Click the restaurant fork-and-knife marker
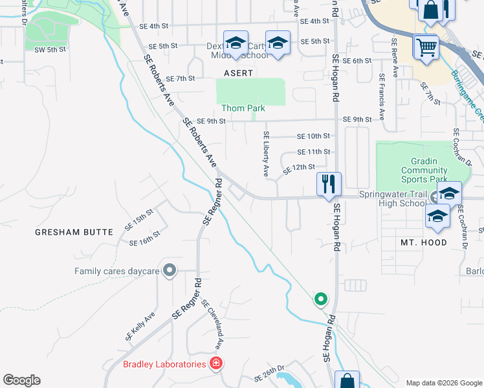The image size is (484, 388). click(x=329, y=184)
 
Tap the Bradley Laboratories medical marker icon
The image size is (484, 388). click(x=215, y=364)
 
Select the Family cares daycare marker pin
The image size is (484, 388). click(x=170, y=271)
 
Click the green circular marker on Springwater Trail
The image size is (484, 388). click(x=320, y=299)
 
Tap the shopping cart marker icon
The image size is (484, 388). click(x=426, y=47)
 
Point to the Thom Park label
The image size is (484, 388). click(x=239, y=108)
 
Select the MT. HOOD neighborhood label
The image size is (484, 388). click(x=423, y=242)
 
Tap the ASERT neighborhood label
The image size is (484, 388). click(x=238, y=73)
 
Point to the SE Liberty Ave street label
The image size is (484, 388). click(x=265, y=154)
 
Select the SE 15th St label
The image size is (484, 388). click(x=138, y=219)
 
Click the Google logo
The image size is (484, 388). click(x=21, y=380)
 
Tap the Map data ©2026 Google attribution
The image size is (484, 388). click(x=443, y=383)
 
